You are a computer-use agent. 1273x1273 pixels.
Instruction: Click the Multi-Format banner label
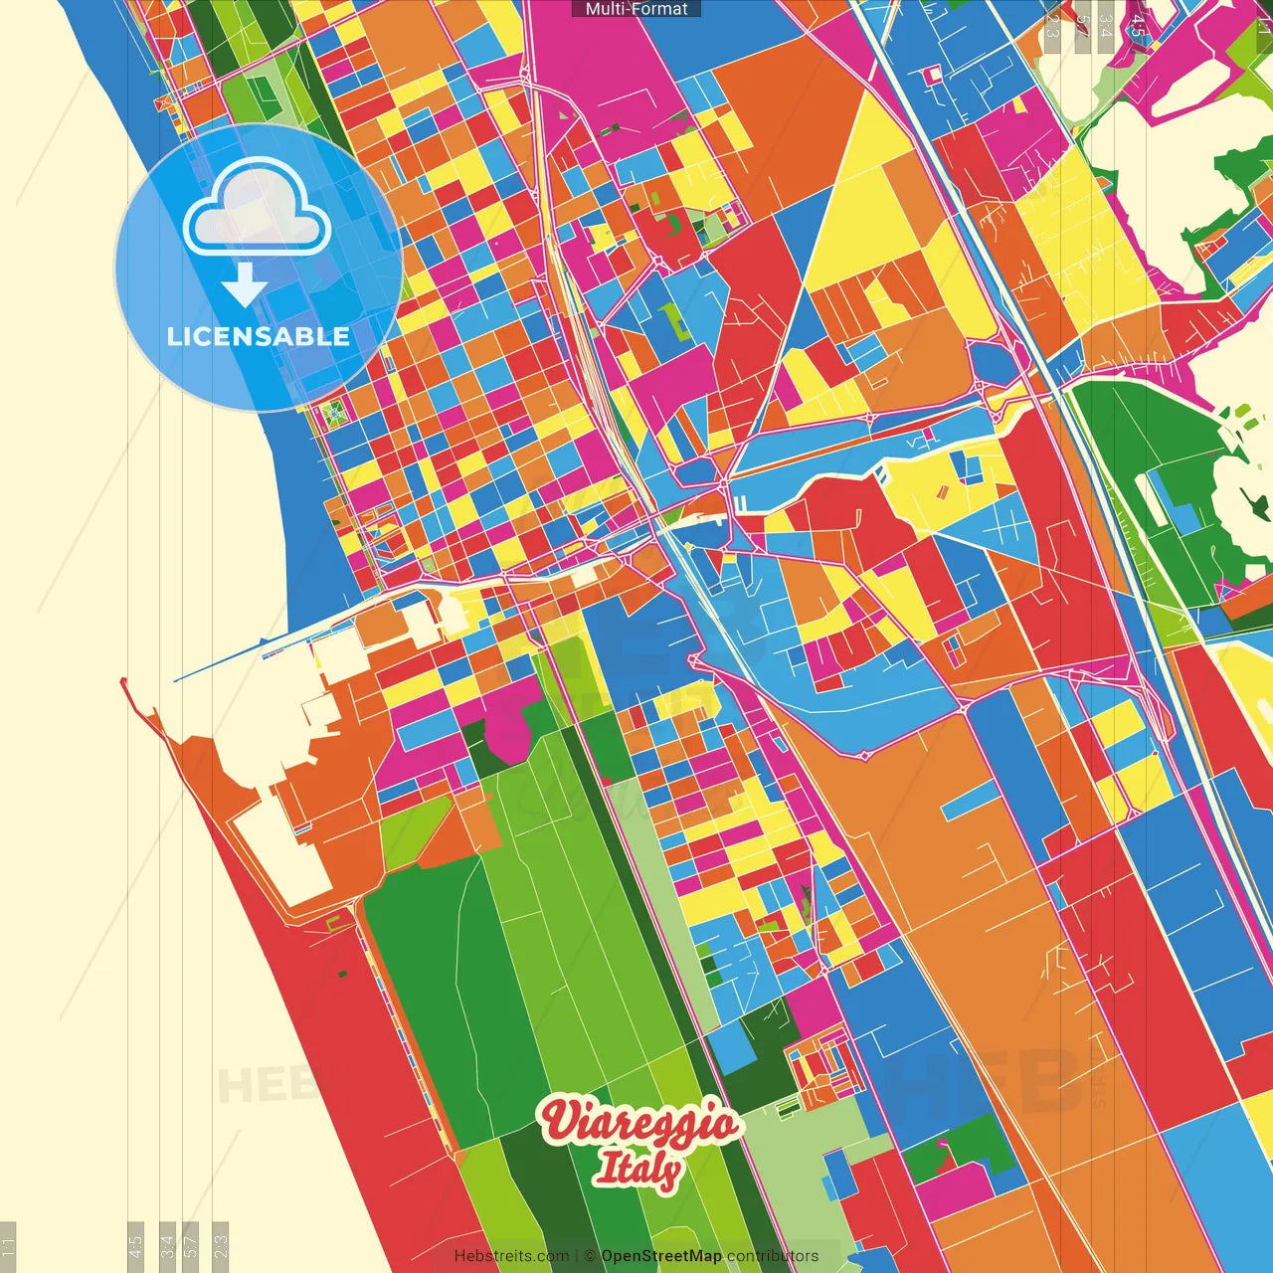click(x=636, y=9)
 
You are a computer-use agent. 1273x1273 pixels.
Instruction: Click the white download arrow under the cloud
click(x=245, y=286)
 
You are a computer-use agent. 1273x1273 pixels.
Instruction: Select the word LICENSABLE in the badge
click(x=259, y=336)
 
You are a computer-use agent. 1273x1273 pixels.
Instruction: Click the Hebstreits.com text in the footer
click(x=511, y=1256)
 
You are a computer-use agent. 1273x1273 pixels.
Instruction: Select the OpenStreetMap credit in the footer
click(x=660, y=1256)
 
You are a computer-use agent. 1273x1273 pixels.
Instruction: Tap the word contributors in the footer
click(x=773, y=1256)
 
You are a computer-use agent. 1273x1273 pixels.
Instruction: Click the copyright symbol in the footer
click(x=589, y=1256)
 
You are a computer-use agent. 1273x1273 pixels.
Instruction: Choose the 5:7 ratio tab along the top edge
click(x=1082, y=25)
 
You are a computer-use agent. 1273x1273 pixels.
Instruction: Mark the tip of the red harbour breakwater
click(x=123, y=682)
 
